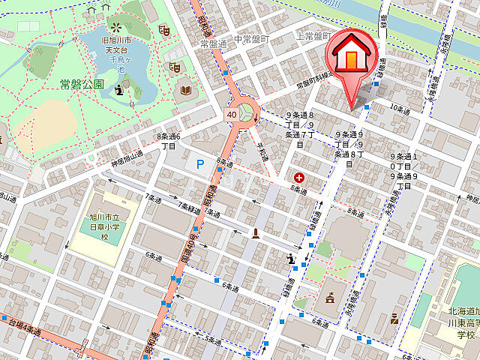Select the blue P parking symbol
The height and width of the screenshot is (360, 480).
200,163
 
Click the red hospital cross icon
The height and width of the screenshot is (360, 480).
300,178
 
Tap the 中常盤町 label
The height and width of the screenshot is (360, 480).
251,39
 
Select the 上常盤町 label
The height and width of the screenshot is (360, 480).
313,36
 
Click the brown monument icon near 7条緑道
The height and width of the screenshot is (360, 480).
256,232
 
